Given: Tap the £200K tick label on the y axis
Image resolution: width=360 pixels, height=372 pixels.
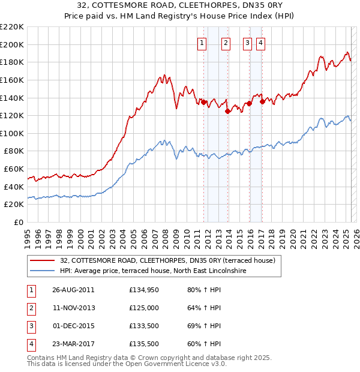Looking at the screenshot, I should point(11,44).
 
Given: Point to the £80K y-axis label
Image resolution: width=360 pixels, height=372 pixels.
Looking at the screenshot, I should point(13,151).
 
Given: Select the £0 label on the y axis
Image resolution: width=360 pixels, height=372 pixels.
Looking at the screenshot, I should point(19,223).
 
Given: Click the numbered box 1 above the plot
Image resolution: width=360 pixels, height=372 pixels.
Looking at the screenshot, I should point(201,43).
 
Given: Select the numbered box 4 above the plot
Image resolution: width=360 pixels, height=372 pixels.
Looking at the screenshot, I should point(261,43).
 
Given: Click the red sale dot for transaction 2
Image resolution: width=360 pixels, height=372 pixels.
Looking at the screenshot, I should point(227,111).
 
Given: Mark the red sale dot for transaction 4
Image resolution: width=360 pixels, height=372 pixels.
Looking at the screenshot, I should point(262,101).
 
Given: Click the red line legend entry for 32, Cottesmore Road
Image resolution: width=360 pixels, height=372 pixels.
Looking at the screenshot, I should point(167,260).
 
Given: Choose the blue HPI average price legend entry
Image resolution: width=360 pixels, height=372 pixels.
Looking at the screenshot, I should point(154,271).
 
